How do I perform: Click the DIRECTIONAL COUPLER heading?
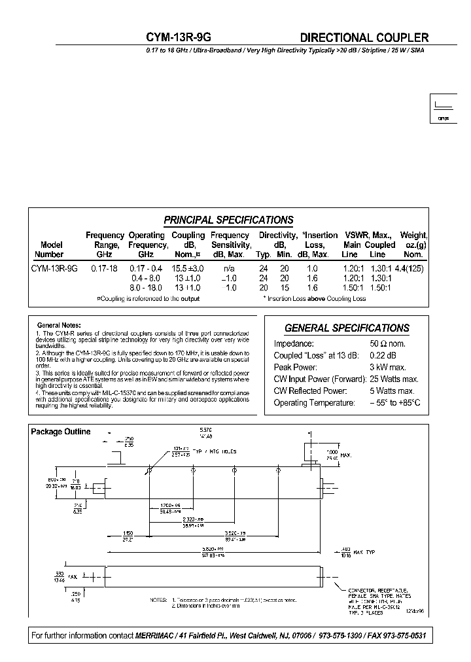(364, 38)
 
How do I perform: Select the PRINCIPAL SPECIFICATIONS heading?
(228, 220)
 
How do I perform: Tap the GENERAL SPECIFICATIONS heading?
(347, 328)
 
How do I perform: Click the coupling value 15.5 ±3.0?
(188, 268)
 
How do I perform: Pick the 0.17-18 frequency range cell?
(104, 268)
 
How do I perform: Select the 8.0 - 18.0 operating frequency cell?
(145, 287)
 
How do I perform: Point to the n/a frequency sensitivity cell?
(230, 268)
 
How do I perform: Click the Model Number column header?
(49, 249)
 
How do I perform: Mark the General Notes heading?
(59, 325)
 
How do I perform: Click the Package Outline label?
(61, 432)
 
